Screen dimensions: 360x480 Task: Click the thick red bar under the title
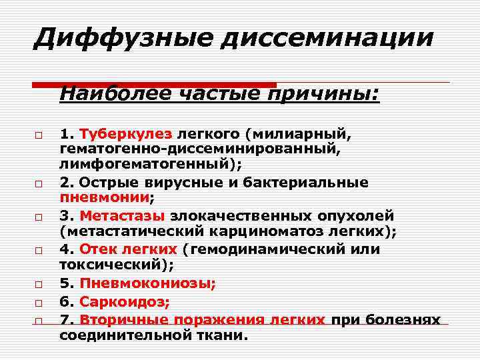pyautogui.click(x=154, y=85)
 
